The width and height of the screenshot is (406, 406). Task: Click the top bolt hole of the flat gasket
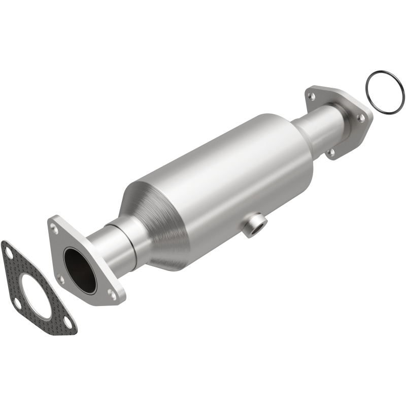click(9, 250)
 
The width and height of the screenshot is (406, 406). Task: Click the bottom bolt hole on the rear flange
click(331, 151)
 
